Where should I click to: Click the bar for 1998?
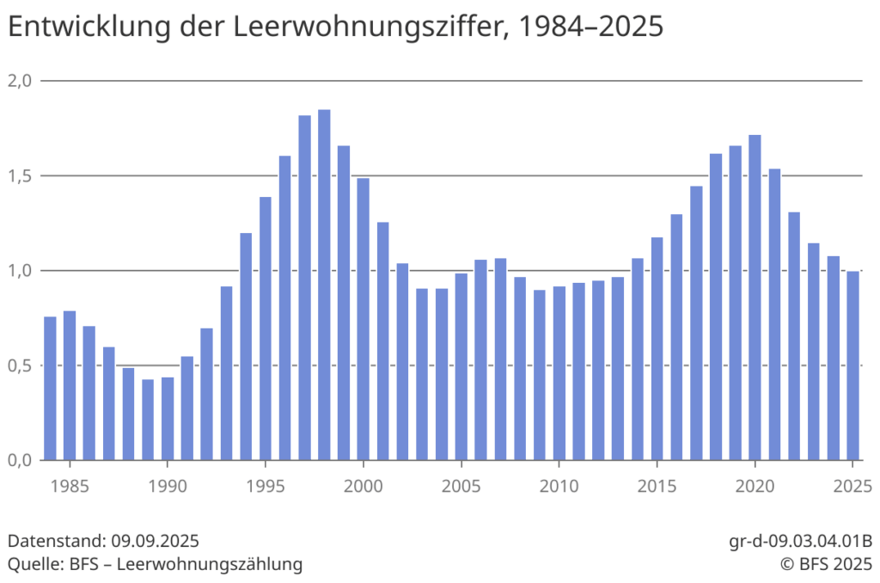click(x=324, y=285)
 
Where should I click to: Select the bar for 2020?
click(x=755, y=298)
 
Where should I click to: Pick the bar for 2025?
click(x=853, y=365)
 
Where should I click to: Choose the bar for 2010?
click(x=559, y=373)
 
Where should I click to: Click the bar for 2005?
click(x=461, y=366)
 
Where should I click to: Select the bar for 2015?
click(x=657, y=348)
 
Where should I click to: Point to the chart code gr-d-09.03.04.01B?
click(x=800, y=542)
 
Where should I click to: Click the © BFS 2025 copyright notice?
click(x=826, y=564)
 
